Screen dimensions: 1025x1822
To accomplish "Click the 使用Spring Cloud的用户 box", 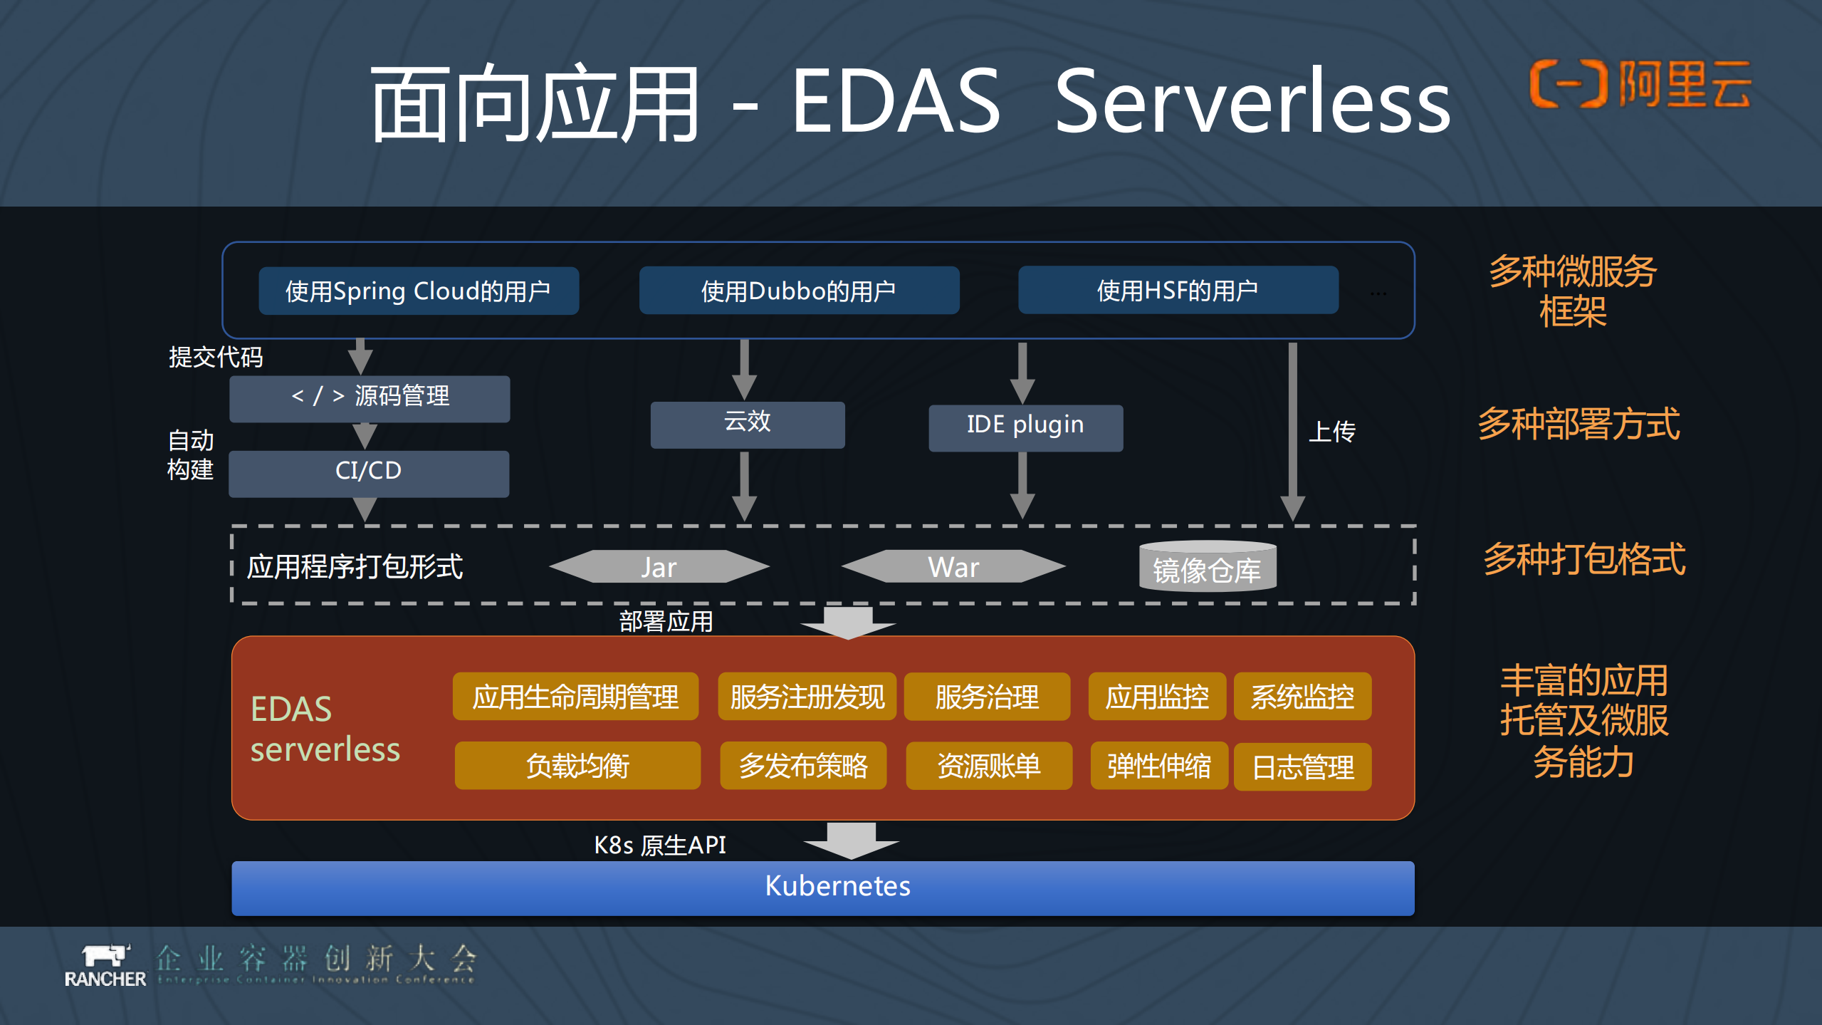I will coord(419,291).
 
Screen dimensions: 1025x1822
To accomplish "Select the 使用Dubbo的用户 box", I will coord(799,291).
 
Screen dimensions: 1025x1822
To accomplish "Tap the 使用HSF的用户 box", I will coord(1178,291).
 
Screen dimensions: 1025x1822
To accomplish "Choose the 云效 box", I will coord(748,425).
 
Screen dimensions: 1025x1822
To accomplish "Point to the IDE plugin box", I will coord(1025,427).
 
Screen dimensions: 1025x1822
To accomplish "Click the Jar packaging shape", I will coord(659,567).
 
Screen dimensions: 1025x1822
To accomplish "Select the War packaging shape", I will coord(953,567).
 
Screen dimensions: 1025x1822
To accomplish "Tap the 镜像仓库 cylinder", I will coord(1208,568).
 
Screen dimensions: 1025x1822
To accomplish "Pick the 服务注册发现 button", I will coord(807,697).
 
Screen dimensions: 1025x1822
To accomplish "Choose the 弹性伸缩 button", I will coord(1158,766).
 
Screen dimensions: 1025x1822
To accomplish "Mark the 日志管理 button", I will coord(1302,767).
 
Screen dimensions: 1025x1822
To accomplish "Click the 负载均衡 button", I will coord(577,766).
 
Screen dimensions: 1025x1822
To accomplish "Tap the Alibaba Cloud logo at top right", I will coord(1640,84).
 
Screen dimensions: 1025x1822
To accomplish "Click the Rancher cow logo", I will coord(105,957).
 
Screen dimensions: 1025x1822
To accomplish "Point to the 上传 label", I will coord(1332,432).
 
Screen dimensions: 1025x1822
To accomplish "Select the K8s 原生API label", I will coord(660,846).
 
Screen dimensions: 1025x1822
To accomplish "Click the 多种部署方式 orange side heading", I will coord(1578,425).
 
